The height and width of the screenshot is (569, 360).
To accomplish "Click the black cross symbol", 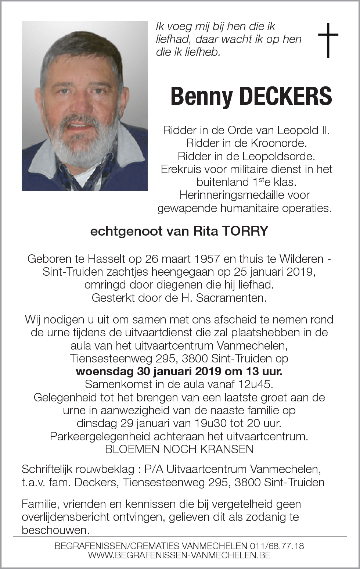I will coord(328,40).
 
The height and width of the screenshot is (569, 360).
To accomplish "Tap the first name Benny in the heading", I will coord(202,96).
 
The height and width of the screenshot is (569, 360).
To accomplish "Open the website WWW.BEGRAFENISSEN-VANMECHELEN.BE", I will coord(180,555).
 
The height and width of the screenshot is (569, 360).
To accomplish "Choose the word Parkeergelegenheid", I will coord(100,436).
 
